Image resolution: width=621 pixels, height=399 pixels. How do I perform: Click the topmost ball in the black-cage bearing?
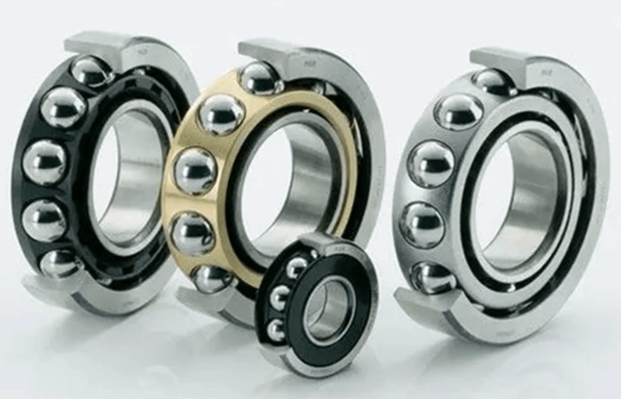90,71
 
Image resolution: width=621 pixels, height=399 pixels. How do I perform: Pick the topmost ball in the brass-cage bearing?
260,78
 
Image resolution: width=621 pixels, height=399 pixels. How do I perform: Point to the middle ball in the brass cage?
194,171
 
